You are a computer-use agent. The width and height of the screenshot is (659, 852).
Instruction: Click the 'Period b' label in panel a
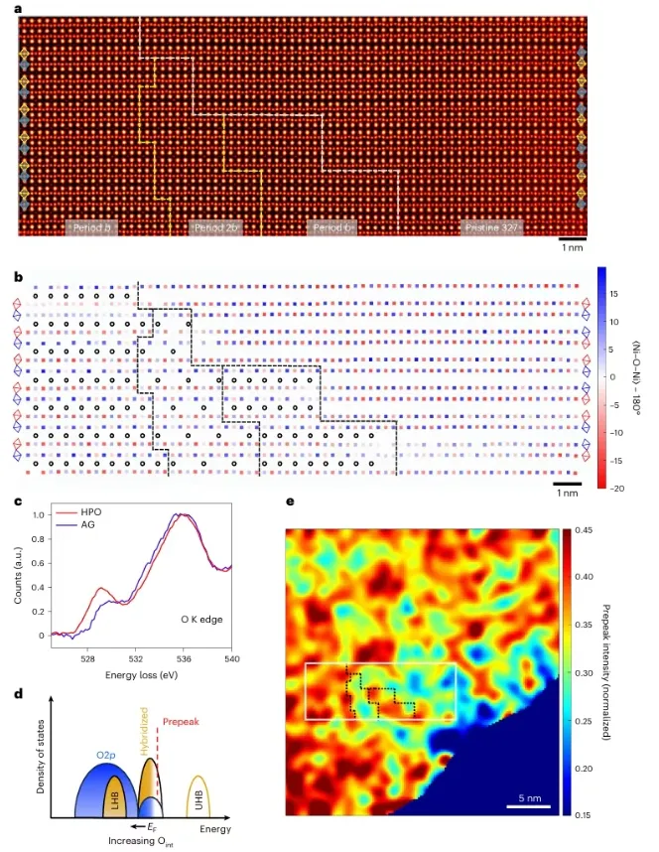tap(92, 228)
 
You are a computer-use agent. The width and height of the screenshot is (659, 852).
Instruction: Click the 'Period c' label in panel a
tap(332, 228)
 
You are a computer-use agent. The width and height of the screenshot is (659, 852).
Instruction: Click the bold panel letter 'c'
tap(19, 499)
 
